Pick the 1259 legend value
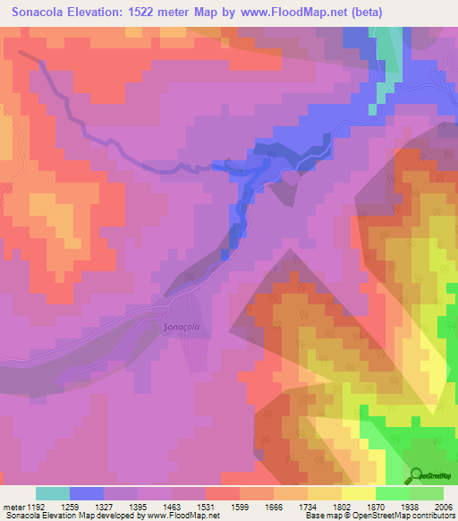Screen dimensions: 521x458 pos(86,506)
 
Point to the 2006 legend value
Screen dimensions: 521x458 pos(444,506)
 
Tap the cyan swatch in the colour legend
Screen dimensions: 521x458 pos(53,493)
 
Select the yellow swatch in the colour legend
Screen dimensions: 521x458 pos(358,493)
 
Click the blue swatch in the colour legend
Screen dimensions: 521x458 pos(87,493)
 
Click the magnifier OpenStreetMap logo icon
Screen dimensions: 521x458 pos(417,474)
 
